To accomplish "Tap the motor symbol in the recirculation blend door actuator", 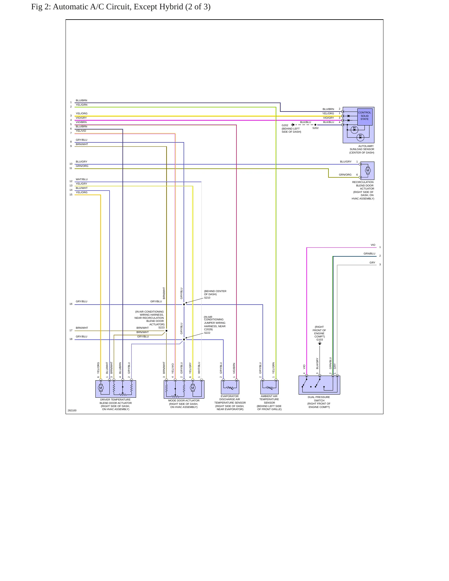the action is (x=368, y=170).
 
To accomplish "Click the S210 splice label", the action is (x=207, y=298).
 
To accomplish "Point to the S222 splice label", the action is (x=207, y=333).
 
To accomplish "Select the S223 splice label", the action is (x=161, y=327).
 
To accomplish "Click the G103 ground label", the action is (x=320, y=340).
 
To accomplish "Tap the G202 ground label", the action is (x=285, y=125).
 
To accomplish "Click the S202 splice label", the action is (x=315, y=128).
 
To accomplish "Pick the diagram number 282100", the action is (x=72, y=410).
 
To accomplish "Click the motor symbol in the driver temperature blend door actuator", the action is (x=101, y=388).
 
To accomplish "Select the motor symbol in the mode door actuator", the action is (x=193, y=388).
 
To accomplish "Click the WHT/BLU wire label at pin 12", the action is (x=82, y=179).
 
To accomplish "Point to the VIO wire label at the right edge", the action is (x=373, y=245).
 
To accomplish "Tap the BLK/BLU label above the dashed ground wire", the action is (x=305, y=122).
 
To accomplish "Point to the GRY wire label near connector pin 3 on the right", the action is (x=372, y=263).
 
